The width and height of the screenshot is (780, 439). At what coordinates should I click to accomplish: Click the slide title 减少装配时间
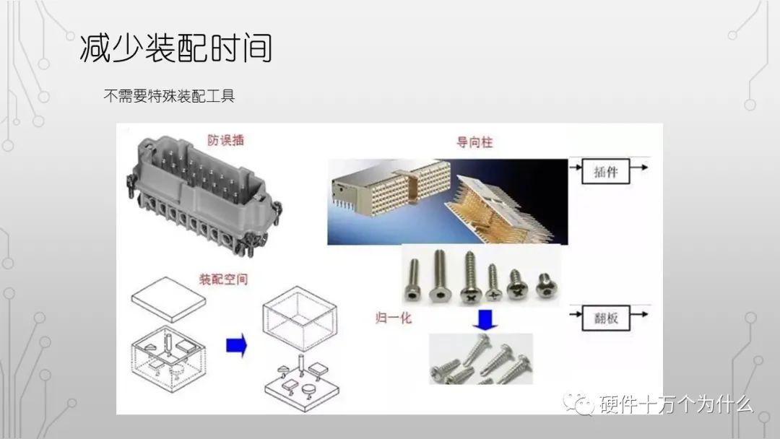point(175,47)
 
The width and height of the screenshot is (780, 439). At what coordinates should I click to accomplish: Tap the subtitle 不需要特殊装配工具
point(170,95)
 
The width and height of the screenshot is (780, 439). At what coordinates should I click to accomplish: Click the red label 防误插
point(226,140)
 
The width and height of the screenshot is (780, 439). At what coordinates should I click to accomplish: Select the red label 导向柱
point(474,143)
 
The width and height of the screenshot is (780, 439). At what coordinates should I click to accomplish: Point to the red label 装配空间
point(222,279)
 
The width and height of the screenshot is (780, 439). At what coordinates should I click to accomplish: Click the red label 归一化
point(394,316)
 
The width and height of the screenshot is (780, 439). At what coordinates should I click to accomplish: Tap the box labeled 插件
point(605,173)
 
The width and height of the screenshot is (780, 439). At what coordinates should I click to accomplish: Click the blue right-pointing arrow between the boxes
point(235,345)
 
